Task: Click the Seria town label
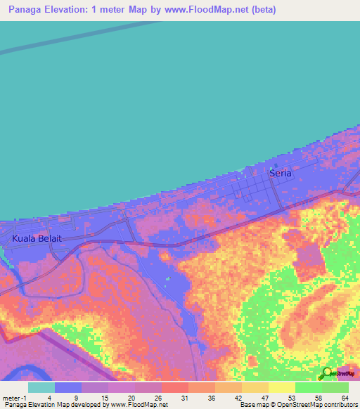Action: click(x=280, y=173)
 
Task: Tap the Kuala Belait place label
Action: click(x=37, y=239)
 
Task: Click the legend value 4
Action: click(x=49, y=398)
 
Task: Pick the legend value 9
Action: click(x=76, y=398)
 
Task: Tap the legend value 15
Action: click(x=103, y=398)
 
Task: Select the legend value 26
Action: click(x=157, y=398)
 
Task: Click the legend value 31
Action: click(x=184, y=398)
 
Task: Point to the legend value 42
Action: click(x=238, y=398)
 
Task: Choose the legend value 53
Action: click(x=292, y=398)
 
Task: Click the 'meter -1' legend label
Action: click(x=13, y=398)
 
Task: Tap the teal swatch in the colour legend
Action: click(x=41, y=387)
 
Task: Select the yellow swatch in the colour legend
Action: click(x=281, y=387)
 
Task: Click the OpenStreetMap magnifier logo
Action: click(x=327, y=373)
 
